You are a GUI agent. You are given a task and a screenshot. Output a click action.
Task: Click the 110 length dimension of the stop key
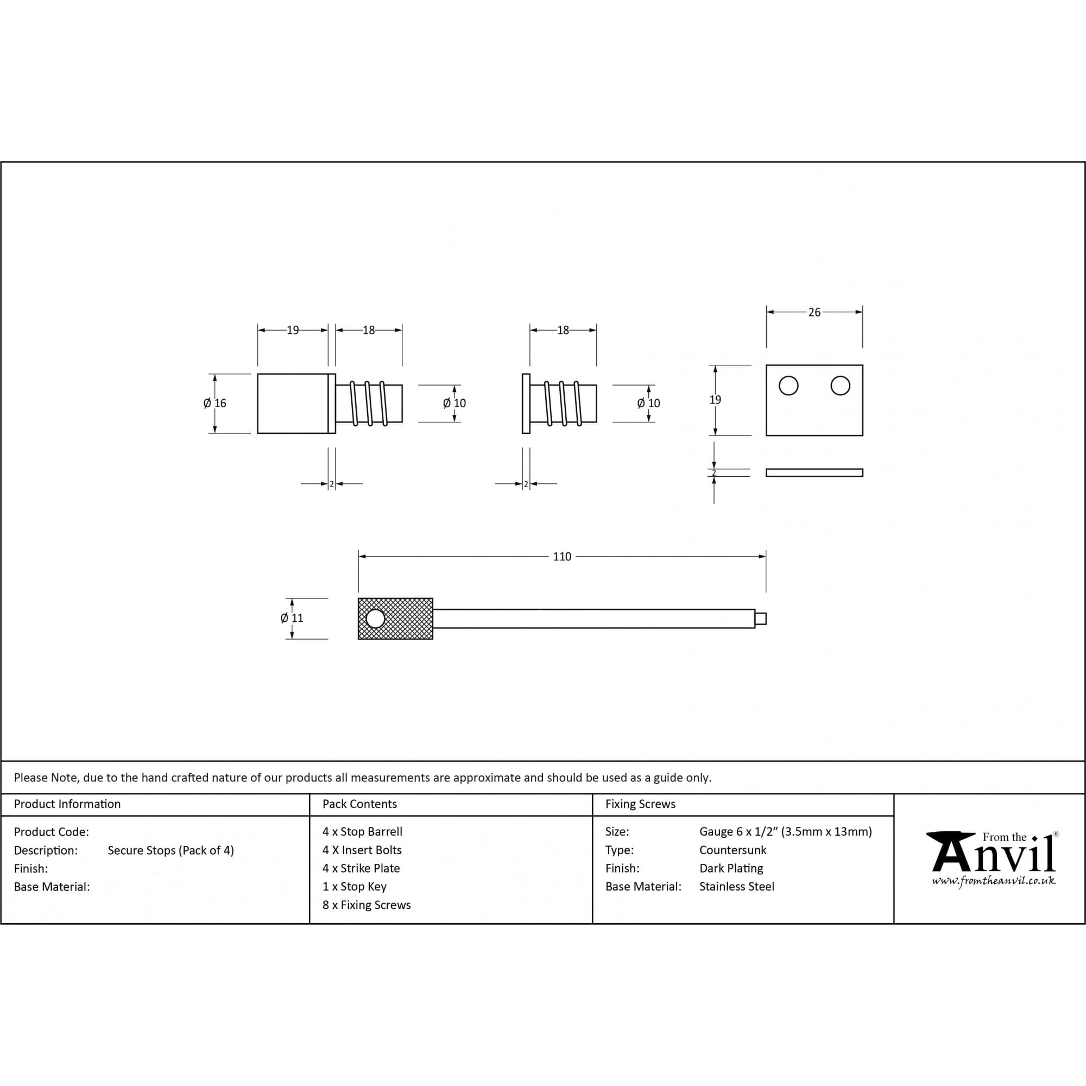click(561, 557)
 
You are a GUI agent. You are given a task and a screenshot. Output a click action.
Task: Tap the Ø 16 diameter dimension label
click(214, 403)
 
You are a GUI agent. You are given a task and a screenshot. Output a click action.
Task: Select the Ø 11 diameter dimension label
click(292, 618)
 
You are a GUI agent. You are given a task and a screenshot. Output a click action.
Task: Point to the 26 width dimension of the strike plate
click(814, 313)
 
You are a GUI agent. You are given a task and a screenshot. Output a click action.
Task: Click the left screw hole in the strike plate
click(788, 386)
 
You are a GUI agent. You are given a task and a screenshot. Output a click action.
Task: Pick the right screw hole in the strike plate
click(840, 386)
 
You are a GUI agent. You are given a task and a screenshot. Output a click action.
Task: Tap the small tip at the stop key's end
click(760, 619)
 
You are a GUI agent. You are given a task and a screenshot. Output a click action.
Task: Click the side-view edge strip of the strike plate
click(814, 473)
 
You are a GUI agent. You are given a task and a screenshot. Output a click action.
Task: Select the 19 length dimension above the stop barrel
click(293, 331)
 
